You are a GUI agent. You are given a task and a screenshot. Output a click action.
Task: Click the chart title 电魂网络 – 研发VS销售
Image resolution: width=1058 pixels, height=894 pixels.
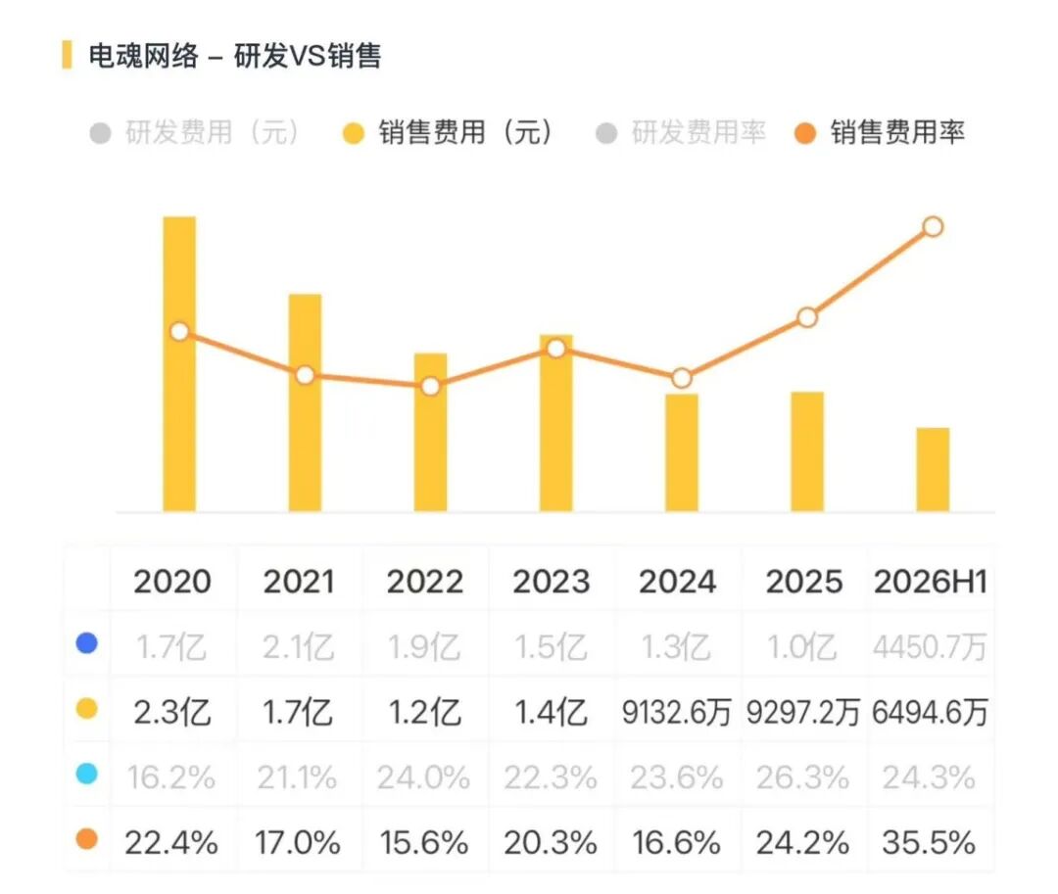[235, 55]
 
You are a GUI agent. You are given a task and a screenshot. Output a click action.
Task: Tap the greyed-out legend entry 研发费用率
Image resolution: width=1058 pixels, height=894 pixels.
[681, 132]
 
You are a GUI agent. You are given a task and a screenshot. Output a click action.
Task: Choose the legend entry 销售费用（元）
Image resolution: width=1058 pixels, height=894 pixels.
[448, 132]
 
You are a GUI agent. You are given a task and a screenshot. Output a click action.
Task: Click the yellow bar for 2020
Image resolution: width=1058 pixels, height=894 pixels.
[179, 364]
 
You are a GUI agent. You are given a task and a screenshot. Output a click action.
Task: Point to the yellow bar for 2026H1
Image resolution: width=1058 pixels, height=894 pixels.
[934, 470]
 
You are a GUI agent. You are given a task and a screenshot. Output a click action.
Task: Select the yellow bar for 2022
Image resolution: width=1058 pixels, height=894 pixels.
[430, 432]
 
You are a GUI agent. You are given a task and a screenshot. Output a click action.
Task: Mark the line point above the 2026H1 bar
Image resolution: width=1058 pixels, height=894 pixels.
[934, 226]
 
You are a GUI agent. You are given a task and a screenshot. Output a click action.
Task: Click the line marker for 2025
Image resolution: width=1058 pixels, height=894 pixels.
[807, 317]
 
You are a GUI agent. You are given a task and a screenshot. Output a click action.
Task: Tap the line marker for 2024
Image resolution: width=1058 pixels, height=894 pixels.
[682, 378]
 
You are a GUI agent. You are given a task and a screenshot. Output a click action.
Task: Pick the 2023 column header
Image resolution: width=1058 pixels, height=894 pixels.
[552, 582]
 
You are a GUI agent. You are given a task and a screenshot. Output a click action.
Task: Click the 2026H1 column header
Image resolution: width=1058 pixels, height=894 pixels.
[931, 582]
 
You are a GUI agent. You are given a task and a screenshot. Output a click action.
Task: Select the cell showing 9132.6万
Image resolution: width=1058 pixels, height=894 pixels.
[676, 713]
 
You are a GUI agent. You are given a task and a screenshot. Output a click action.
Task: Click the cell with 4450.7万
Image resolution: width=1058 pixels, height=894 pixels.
[930, 647]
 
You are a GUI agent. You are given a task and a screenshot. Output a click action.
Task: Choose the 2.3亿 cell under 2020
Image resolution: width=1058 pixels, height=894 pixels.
[172, 713]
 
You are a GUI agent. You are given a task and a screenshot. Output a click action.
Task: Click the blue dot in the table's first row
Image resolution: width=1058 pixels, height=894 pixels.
[87, 643]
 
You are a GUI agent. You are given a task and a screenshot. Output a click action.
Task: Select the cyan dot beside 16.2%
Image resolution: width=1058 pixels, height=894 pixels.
[87, 774]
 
